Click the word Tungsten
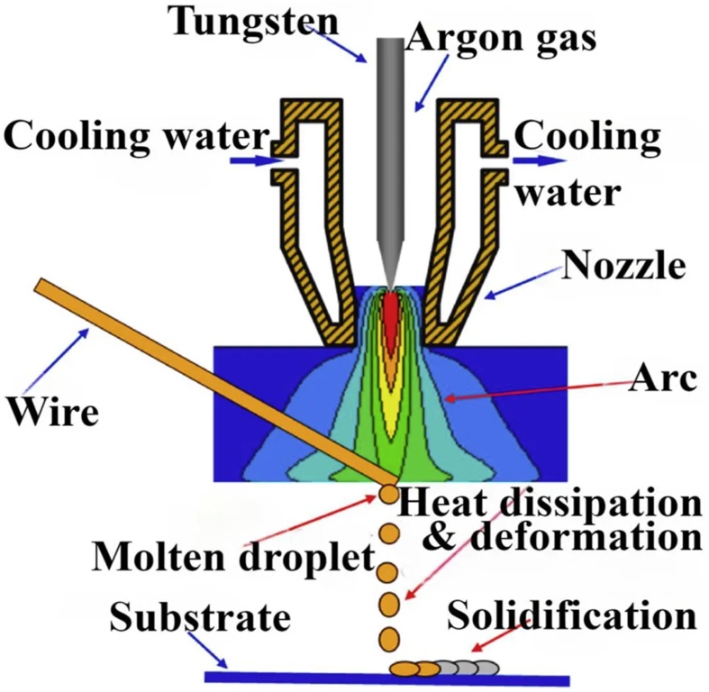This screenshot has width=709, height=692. pos(242,20)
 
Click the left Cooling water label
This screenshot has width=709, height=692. pos(136,137)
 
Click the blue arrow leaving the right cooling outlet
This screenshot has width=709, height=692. pos(541,161)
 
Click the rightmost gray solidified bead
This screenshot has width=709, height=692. pos(486,668)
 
